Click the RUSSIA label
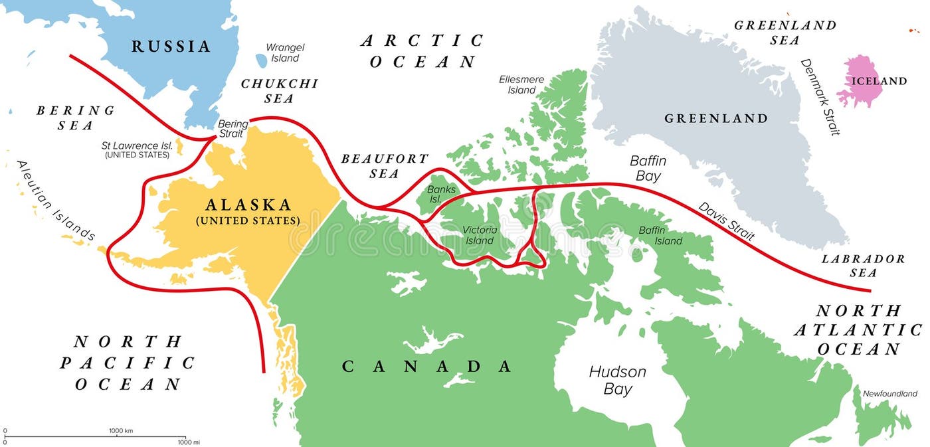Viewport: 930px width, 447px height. coord(171,46)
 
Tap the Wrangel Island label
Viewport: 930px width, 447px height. coord(285,52)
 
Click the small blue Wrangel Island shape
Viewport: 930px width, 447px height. coord(261,60)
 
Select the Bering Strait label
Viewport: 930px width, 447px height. coord(233,129)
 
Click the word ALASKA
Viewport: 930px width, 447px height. coord(247,205)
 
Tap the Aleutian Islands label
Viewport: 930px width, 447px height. coord(56,200)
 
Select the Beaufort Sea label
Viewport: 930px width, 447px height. coord(385,166)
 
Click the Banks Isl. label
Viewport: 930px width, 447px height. coord(442,194)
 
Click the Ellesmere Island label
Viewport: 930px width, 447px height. coord(521,84)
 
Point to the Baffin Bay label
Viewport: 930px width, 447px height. coord(648,169)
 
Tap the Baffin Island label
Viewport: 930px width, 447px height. coord(660,235)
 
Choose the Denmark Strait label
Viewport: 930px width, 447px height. coord(820,97)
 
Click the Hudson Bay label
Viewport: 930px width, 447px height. coord(617,380)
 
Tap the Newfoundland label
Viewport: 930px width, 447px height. coord(889,394)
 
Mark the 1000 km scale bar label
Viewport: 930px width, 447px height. coord(121,430)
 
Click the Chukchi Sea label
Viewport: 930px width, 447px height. coord(279,91)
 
